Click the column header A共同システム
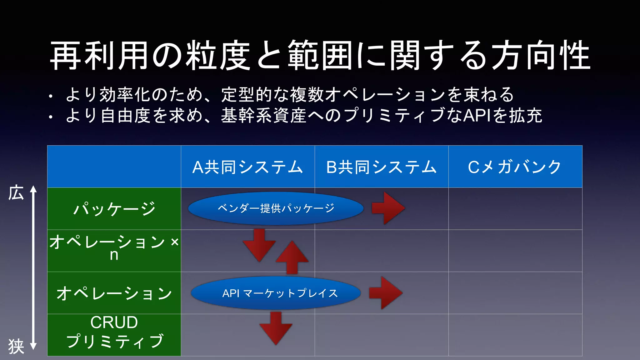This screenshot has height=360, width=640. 247,167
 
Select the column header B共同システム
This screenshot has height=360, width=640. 381,167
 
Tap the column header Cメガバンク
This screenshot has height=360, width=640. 515,167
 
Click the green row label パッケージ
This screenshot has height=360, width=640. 114,209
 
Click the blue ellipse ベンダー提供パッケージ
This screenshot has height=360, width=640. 276,208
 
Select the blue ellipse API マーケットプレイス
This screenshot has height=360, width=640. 276,293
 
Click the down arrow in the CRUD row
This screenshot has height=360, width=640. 276,328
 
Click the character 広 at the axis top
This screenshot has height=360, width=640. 16,192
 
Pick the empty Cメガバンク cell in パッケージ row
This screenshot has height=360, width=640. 515,209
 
